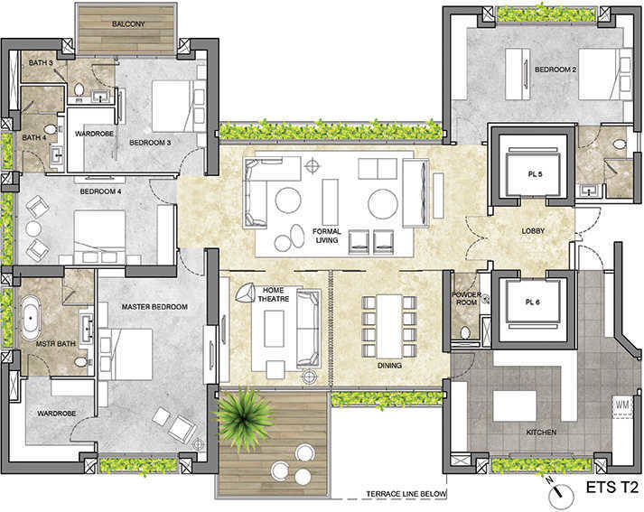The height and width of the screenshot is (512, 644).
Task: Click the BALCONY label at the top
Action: pyautogui.click(x=127, y=24)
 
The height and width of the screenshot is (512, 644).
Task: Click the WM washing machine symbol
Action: pyautogui.click(x=622, y=405)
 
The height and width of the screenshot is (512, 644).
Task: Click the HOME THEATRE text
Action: pyautogui.click(x=273, y=295)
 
